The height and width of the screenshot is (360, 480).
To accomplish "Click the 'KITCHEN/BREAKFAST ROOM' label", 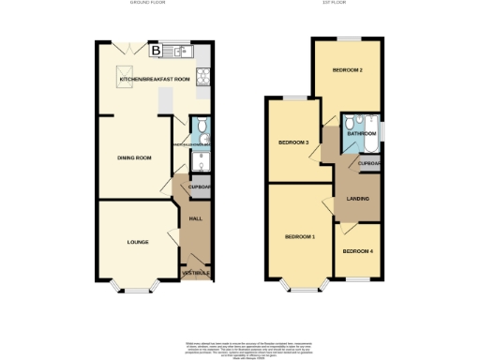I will click(x=155, y=80).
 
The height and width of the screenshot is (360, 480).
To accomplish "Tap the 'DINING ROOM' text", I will click(x=134, y=157).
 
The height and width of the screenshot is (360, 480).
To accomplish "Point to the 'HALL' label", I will click(x=196, y=218).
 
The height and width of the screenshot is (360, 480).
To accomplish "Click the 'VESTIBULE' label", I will click(x=196, y=273).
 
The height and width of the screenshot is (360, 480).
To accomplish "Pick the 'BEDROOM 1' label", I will click(x=300, y=236).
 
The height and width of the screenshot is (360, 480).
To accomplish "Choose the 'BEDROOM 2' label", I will click(x=348, y=71).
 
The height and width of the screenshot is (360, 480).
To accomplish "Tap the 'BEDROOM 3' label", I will click(x=293, y=142).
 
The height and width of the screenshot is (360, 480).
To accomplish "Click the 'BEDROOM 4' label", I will click(x=357, y=251).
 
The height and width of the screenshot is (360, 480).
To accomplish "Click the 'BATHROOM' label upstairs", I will click(x=363, y=134).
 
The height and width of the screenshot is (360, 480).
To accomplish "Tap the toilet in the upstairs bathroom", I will click(x=348, y=123).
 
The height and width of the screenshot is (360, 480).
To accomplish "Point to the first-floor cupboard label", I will click(x=369, y=164).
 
